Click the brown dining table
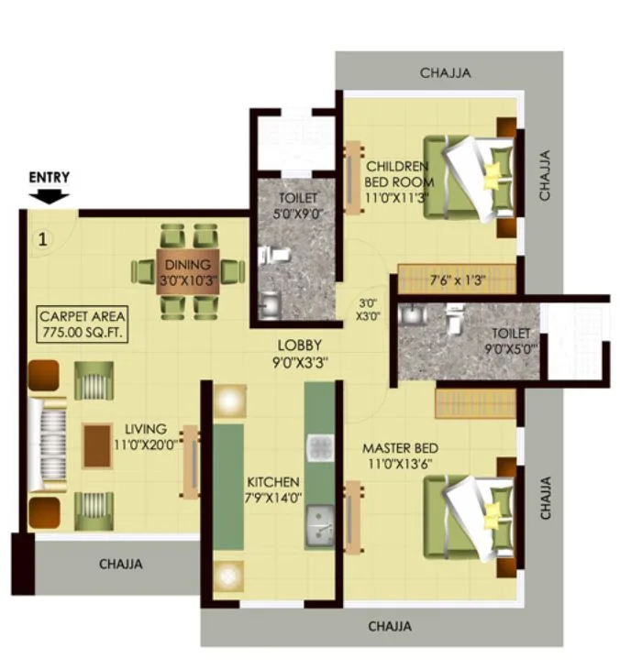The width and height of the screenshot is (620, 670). pos(188,271)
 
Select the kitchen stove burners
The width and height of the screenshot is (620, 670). pos(319,448)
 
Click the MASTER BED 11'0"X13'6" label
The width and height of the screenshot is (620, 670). pos(400,456)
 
